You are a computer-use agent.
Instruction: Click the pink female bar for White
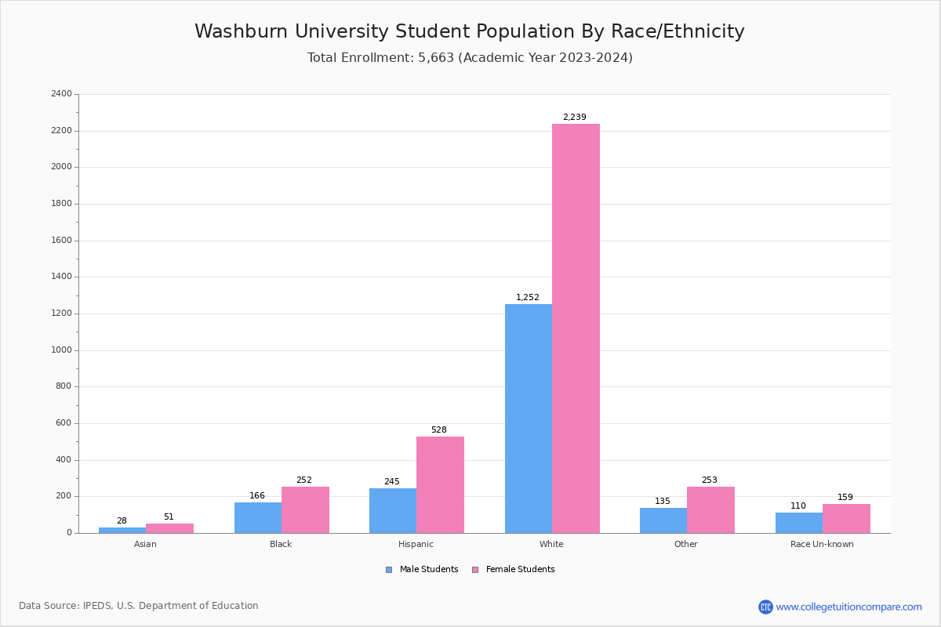point(576,328)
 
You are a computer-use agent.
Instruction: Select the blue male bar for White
point(528,419)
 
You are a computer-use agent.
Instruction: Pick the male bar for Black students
point(257,517)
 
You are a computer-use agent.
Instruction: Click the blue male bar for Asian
point(122,530)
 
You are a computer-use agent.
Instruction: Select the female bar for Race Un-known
point(846,518)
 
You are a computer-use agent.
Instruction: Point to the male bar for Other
point(663,520)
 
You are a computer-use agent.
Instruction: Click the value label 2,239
point(574,118)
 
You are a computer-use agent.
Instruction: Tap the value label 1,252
point(527,298)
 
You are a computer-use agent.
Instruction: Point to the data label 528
point(438,430)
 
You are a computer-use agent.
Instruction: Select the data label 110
point(797,506)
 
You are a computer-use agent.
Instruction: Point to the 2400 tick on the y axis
point(61,94)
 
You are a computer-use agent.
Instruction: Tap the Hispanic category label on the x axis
point(416,544)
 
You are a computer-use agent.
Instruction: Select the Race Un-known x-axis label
point(822,544)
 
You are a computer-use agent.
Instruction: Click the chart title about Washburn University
point(469,32)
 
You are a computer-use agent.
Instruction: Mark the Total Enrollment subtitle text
point(469,58)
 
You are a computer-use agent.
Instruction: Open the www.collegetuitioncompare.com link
point(848,607)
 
